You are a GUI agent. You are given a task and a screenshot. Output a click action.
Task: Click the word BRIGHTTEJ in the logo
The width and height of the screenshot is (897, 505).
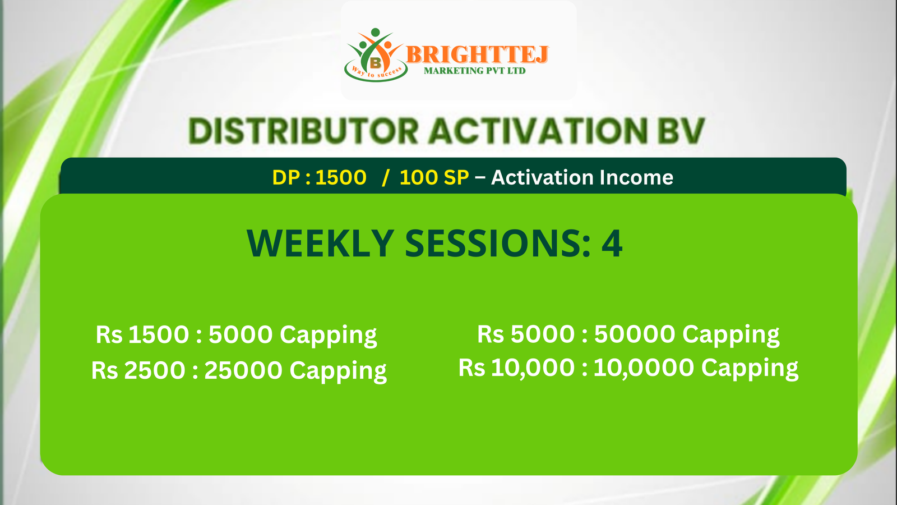(x=477, y=54)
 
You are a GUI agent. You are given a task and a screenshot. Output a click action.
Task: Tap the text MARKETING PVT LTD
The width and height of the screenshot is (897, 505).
(x=474, y=71)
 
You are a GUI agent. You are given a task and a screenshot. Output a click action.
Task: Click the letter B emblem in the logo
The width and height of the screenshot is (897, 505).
(x=375, y=62)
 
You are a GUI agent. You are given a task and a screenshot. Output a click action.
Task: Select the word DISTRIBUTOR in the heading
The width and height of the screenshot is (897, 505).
(x=303, y=131)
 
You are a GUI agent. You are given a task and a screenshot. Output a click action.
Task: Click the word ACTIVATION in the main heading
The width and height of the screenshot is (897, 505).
(x=538, y=131)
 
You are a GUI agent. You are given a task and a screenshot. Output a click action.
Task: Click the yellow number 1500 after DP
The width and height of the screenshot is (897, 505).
(x=341, y=177)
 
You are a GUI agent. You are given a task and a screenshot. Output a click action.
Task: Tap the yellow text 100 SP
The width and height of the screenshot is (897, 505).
(x=434, y=177)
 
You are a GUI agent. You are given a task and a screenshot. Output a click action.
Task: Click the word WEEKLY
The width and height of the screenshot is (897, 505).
(x=320, y=244)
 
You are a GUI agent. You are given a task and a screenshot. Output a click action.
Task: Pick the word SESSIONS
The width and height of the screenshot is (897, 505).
(x=497, y=244)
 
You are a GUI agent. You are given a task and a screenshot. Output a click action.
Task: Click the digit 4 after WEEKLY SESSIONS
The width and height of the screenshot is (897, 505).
(x=612, y=244)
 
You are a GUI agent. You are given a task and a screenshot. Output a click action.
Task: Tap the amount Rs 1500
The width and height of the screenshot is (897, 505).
(x=142, y=334)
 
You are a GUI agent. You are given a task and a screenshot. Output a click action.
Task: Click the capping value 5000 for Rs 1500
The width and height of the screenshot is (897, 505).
(x=241, y=334)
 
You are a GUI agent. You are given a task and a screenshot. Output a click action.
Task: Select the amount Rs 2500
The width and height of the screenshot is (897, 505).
(x=138, y=370)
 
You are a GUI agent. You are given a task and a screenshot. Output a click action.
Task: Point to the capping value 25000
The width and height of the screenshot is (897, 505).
(x=243, y=370)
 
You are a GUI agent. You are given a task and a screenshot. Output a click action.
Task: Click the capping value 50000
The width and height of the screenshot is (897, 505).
(x=635, y=334)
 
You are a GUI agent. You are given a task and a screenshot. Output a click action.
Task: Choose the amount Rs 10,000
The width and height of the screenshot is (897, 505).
(x=516, y=368)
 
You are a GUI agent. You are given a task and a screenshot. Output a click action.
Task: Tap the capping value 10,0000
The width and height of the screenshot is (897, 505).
(x=644, y=368)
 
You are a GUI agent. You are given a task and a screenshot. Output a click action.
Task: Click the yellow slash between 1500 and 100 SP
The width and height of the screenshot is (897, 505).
(x=386, y=177)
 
